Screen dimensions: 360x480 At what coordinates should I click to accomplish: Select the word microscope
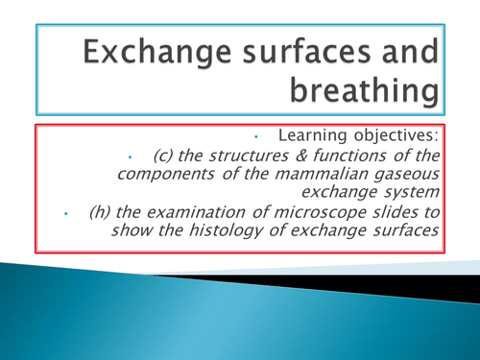pyautogui.click(x=332, y=213)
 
